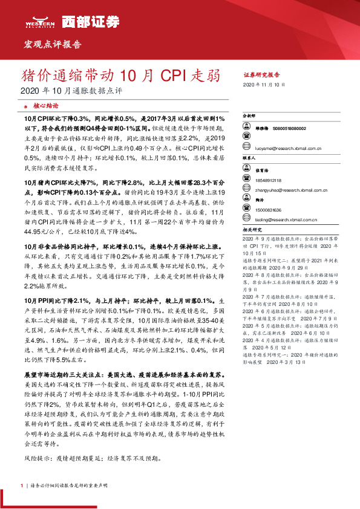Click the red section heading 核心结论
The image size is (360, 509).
coord(47,104)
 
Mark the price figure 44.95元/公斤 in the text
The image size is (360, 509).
coord(39,230)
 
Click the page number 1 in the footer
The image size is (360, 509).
coord(22,485)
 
